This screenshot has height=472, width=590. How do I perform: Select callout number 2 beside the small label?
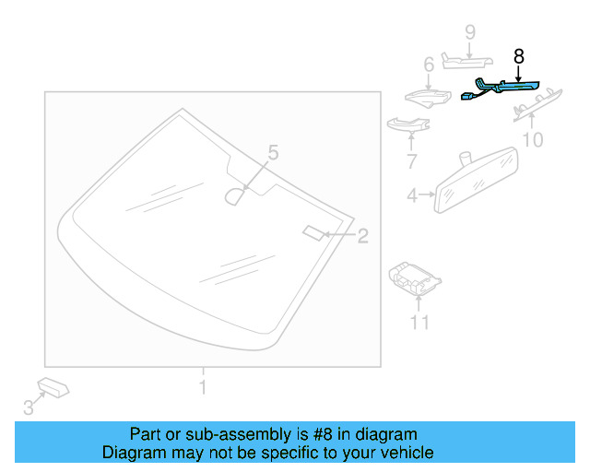[x=362, y=236]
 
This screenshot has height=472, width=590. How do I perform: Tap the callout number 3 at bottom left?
[x=28, y=407]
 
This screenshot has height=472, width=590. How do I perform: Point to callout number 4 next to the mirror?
[x=412, y=195]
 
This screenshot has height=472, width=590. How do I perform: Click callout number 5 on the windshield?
[x=272, y=151]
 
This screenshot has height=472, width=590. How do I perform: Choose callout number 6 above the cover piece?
[x=428, y=65]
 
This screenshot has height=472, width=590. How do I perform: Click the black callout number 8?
[x=518, y=56]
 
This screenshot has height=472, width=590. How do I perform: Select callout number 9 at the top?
[x=469, y=32]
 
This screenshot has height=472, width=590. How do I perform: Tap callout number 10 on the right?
[x=533, y=140]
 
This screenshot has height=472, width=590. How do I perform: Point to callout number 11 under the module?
[x=419, y=322]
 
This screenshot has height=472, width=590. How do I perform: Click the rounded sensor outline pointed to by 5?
[x=237, y=195]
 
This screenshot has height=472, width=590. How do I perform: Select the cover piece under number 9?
[x=468, y=61]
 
